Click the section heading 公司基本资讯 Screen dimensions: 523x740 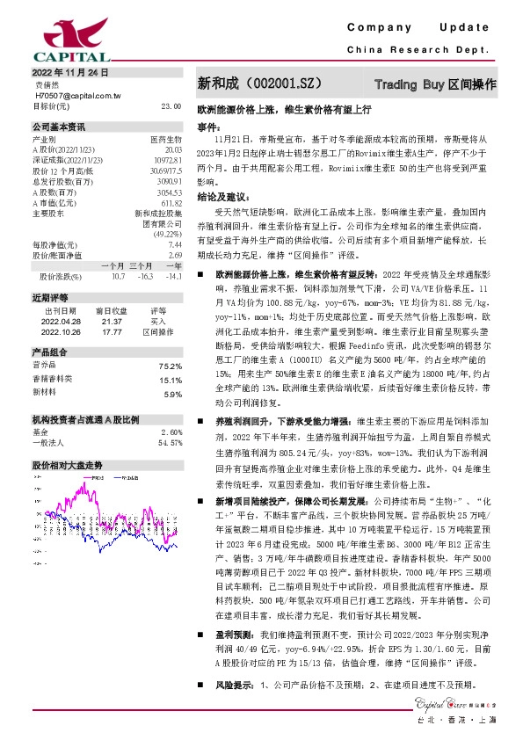point(59,127)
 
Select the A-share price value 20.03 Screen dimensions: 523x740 point(172,149)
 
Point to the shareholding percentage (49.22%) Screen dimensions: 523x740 point(167,235)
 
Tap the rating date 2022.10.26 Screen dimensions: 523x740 point(61,332)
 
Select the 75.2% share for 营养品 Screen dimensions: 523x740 point(171,366)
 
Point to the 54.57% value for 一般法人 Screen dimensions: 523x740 point(170,443)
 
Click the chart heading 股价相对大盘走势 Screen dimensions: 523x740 point(68,465)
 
